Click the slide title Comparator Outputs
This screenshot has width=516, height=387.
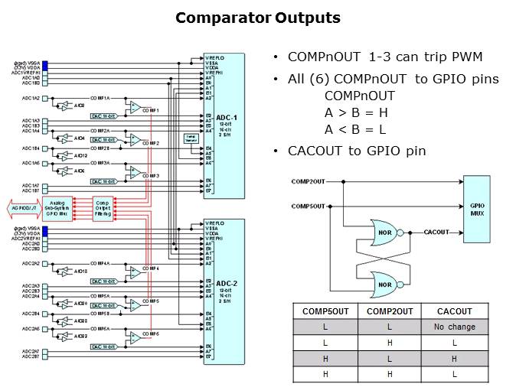click(258, 18)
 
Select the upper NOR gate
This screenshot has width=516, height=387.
click(383, 231)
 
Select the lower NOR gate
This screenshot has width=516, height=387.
click(383, 284)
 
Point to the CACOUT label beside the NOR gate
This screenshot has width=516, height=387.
click(436, 231)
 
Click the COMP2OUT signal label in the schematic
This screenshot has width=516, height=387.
click(309, 182)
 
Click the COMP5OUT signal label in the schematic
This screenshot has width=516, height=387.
click(309, 207)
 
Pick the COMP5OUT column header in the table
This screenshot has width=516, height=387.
click(325, 311)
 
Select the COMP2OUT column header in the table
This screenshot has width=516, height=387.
click(390, 311)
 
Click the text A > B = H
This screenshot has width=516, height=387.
click(355, 112)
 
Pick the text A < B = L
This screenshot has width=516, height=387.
click(355, 129)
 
